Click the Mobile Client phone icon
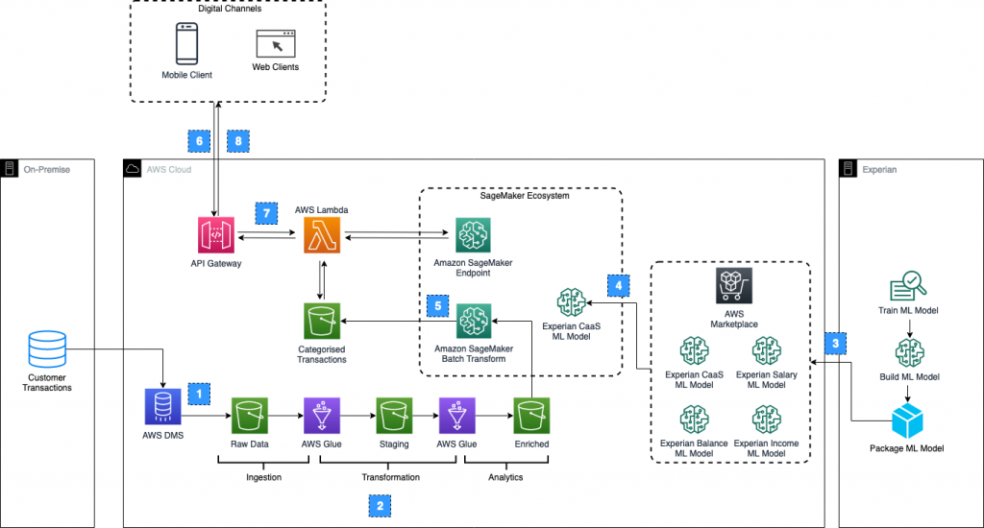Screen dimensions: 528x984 pyautogui.click(x=186, y=42)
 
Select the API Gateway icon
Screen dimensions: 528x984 pyautogui.click(x=215, y=235)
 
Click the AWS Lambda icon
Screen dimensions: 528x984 pyautogui.click(x=322, y=235)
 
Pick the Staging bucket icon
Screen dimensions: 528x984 pyautogui.click(x=394, y=418)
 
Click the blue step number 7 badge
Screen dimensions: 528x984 pyautogui.click(x=266, y=211)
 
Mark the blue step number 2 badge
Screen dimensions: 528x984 pyautogui.click(x=381, y=503)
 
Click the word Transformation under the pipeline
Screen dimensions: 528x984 pyautogui.click(x=390, y=477)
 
